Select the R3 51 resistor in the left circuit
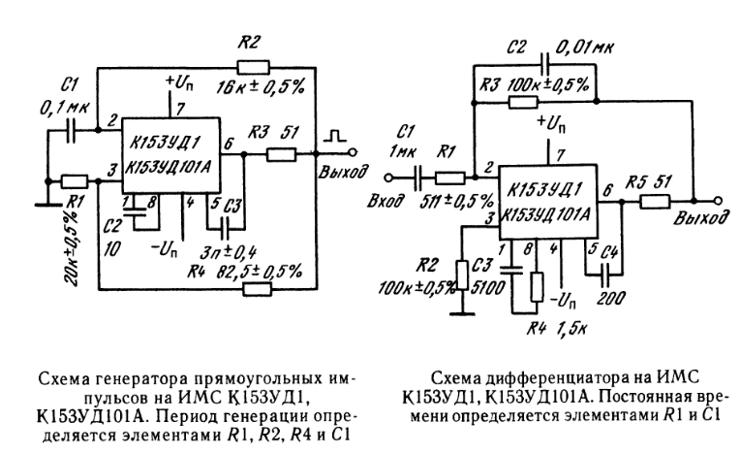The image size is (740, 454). [281, 152]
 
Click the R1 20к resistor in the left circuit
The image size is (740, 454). [75, 180]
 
